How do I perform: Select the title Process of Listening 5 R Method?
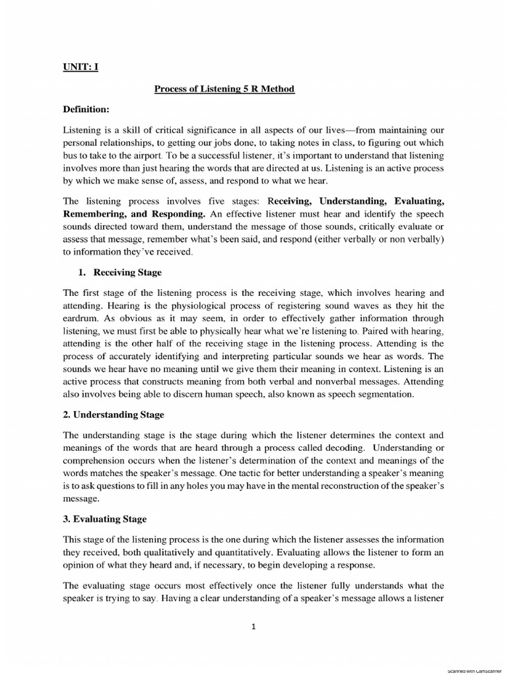click(x=224, y=88)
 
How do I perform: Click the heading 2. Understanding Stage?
click(x=114, y=415)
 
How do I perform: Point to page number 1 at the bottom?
click(x=253, y=628)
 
